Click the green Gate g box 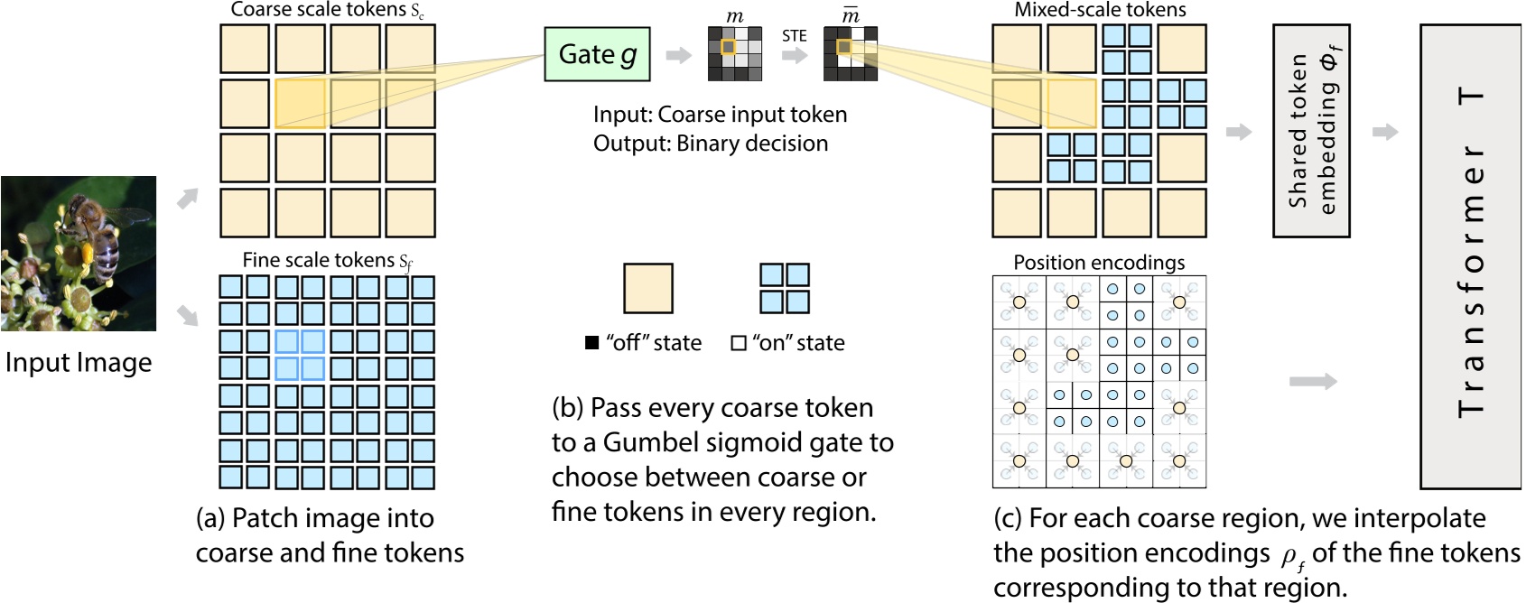pos(597,54)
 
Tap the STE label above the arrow pos(794,36)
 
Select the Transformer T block pos(1471,256)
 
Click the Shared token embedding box pos(1311,131)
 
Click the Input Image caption pos(79,363)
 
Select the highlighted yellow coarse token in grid pos(300,104)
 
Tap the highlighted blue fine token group pos(300,355)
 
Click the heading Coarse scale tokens pos(327,10)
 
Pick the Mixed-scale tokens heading pos(1100,10)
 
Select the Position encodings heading pos(1099,263)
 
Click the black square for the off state pos(592,343)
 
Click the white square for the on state pos(739,343)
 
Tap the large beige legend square pos(647,288)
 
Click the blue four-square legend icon pos(784,288)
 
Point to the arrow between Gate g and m pos(678,56)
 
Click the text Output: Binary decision pos(710,144)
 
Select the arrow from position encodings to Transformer pos(1312,382)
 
